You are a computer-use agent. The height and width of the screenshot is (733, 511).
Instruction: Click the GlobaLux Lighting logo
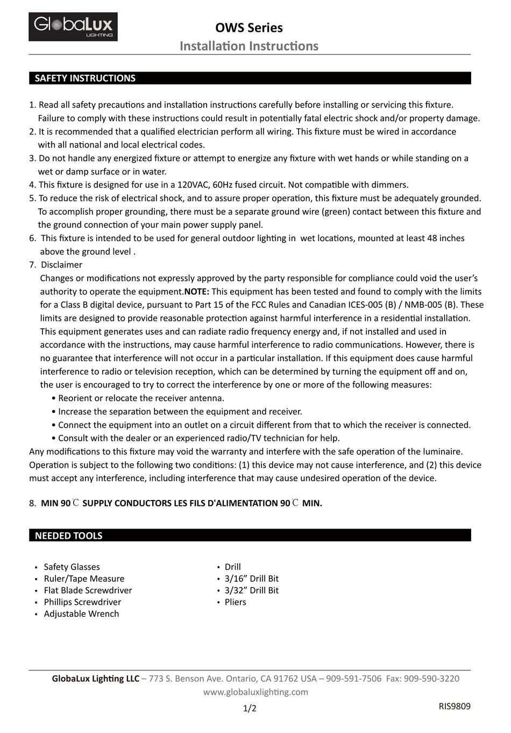pyautogui.click(x=73, y=26)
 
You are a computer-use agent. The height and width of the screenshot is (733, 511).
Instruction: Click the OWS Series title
pyautogui.click(x=249, y=27)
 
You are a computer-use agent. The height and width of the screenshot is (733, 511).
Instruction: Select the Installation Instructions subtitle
pyautogui.click(x=249, y=46)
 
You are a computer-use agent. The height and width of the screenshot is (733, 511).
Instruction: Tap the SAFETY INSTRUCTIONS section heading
pyautogui.click(x=85, y=78)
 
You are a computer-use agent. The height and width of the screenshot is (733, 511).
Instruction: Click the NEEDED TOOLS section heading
pyautogui.click(x=68, y=535)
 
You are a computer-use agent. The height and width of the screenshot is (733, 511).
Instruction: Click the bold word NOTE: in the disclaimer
pyautogui.click(x=197, y=291)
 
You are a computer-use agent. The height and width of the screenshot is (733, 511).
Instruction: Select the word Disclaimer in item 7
pyautogui.click(x=61, y=265)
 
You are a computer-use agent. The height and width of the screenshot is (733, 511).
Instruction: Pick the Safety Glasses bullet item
pyautogui.click(x=72, y=567)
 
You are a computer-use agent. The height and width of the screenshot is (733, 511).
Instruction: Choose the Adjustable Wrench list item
pyautogui.click(x=81, y=614)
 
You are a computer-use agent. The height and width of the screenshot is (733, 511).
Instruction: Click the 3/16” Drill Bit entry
pyautogui.click(x=251, y=579)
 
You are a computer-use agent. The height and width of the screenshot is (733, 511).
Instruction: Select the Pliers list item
pyautogui.click(x=235, y=602)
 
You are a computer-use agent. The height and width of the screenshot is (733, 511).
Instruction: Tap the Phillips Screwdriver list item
pyautogui.click(x=82, y=602)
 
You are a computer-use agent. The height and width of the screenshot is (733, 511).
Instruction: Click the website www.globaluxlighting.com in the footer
pyautogui.click(x=256, y=692)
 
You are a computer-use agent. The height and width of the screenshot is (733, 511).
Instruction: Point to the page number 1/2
pyautogui.click(x=250, y=708)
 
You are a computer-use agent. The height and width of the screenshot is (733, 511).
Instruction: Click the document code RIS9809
pyautogui.click(x=454, y=706)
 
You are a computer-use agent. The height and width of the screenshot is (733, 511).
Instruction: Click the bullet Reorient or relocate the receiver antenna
pyautogui.click(x=141, y=398)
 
